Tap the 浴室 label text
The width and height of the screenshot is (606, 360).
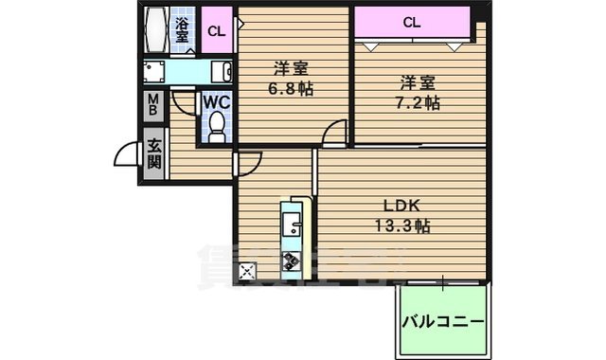(x=182, y=29)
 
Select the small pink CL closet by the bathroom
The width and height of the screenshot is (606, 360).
(x=217, y=30)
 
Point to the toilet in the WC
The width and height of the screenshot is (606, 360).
(x=217, y=126)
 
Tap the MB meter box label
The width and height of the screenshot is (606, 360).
(x=152, y=104)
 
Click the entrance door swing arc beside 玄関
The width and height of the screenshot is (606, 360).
(x=127, y=153)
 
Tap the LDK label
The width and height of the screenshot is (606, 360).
(x=402, y=206)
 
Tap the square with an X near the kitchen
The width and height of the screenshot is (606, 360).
(x=248, y=273)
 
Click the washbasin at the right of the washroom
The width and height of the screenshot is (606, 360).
(x=223, y=72)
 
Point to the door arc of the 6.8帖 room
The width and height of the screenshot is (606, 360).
(x=334, y=135)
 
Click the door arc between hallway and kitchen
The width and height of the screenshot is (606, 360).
(x=244, y=163)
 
